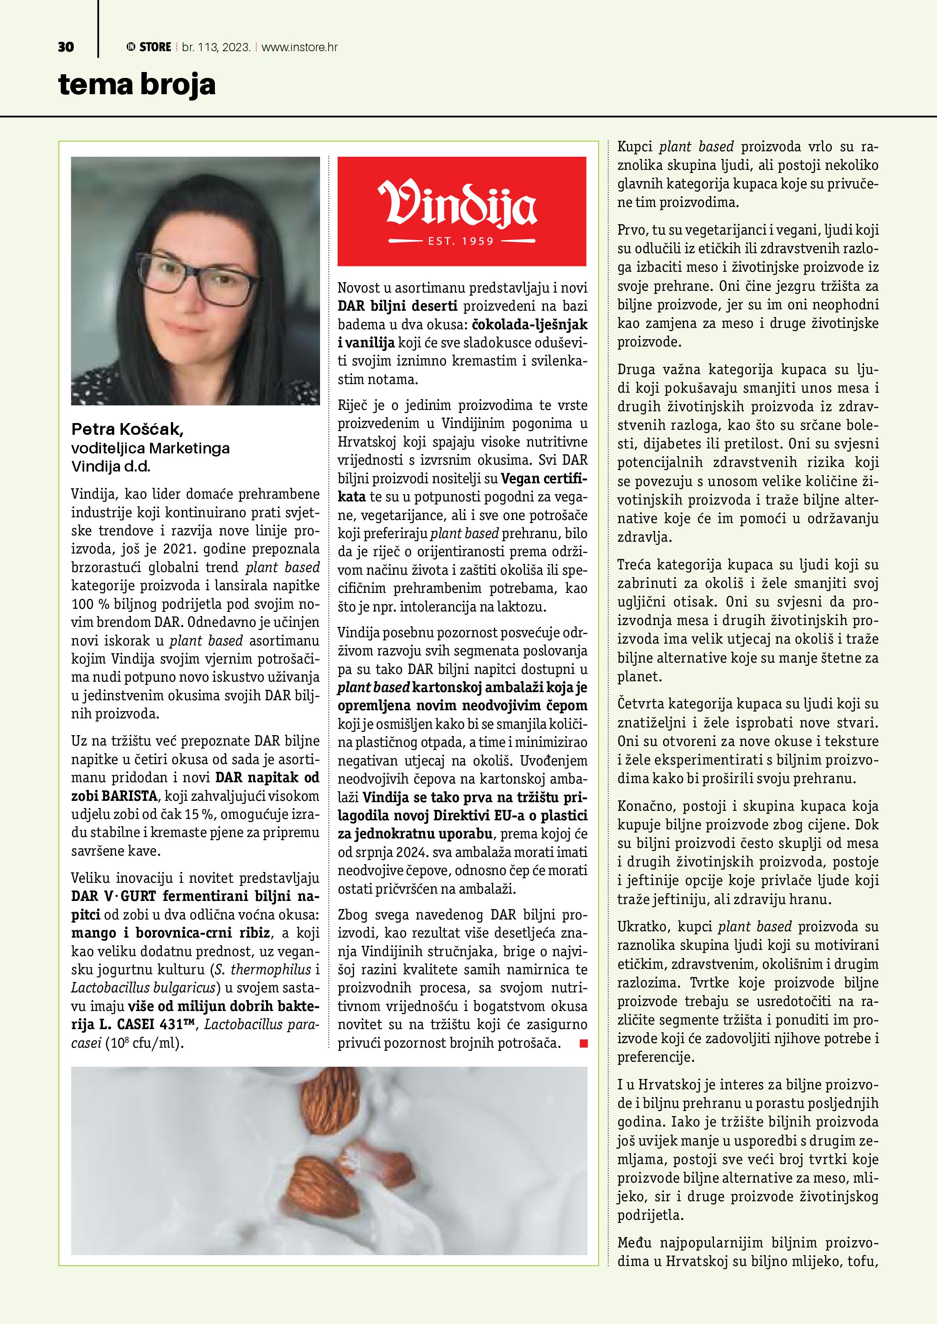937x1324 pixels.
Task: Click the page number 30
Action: tap(66, 47)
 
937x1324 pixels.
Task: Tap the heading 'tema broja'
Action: tap(137, 85)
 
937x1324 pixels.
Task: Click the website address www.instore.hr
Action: tap(300, 47)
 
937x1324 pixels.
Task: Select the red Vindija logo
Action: tap(461, 211)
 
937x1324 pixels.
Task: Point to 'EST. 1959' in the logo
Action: tap(461, 241)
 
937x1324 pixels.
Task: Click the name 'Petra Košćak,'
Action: tap(127, 429)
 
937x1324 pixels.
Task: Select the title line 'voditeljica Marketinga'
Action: tap(150, 448)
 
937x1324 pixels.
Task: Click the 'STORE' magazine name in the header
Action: tap(155, 47)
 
